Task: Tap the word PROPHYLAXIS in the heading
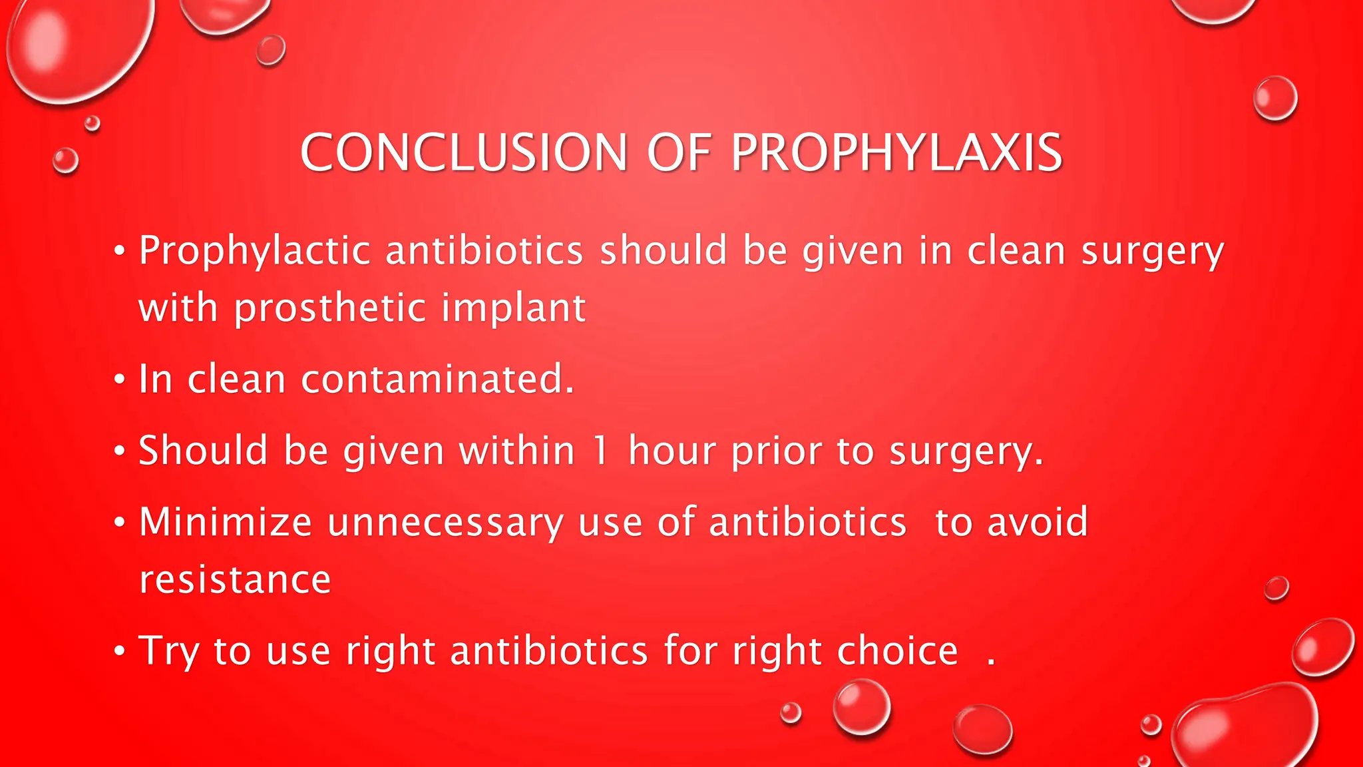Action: (896, 152)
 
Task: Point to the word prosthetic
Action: (329, 309)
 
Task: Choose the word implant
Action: (513, 309)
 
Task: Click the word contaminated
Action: (437, 380)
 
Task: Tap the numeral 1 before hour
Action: (601, 451)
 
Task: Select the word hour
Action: (672, 451)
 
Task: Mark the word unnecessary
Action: (445, 523)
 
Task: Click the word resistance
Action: (235, 579)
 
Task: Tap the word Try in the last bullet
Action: (168, 651)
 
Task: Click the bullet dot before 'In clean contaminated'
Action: (119, 380)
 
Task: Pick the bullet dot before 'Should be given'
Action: (119, 451)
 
